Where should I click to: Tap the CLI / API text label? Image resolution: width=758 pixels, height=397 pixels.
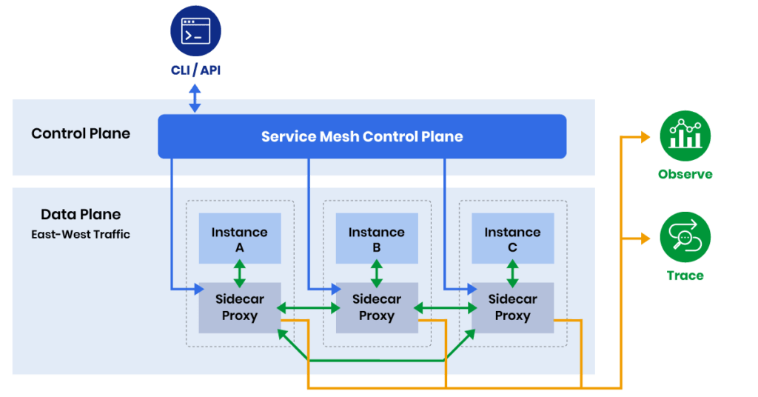click(195, 70)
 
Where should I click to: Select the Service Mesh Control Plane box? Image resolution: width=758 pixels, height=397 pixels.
click(362, 136)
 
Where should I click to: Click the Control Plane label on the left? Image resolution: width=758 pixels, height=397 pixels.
click(81, 134)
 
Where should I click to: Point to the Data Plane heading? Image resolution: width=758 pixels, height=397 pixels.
click(81, 215)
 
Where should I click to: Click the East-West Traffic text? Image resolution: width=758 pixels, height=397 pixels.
click(81, 234)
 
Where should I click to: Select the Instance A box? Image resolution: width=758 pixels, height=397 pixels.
click(239, 238)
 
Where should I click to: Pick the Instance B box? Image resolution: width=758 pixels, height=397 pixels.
click(376, 238)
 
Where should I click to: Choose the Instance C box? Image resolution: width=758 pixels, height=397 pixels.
click(512, 238)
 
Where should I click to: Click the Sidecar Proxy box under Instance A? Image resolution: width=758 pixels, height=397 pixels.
click(239, 307)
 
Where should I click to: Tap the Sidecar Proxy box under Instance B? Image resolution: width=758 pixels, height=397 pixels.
click(376, 307)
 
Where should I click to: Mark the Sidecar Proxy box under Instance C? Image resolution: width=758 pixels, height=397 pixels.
click(512, 307)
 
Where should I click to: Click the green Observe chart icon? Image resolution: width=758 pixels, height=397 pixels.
click(685, 136)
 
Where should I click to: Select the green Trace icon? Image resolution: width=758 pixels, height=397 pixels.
click(685, 237)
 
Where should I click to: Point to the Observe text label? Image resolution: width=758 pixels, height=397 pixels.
click(685, 175)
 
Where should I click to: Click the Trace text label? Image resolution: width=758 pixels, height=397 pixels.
click(685, 276)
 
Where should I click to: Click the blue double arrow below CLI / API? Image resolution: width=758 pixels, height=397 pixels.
click(195, 97)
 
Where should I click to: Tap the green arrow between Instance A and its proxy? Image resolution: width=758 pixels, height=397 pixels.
click(239, 273)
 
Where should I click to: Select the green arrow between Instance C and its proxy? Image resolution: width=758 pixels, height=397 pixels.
click(512, 273)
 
